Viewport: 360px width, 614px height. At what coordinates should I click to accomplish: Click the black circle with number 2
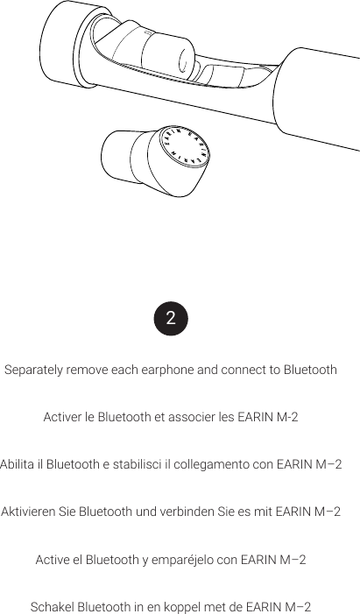click(171, 318)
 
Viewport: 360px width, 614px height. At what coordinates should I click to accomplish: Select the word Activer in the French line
click(62, 417)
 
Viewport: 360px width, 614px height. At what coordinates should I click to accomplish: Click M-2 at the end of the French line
click(286, 417)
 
